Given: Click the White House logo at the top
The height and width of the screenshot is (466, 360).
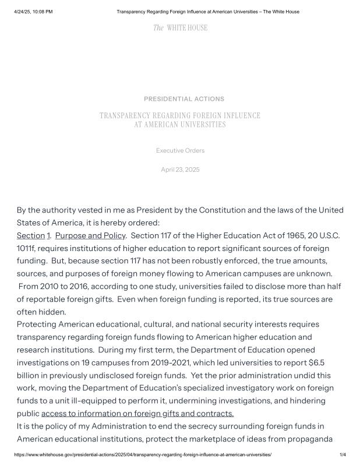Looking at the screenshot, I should point(180,28).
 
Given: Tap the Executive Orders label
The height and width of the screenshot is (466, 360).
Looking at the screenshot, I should point(180,151).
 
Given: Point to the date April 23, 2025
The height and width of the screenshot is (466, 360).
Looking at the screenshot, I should point(180,170).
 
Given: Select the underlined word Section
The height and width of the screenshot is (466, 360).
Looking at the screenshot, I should point(30,235).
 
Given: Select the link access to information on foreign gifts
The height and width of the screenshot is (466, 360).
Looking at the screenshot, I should point(137,414).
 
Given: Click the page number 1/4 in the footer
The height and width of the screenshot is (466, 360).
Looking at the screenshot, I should point(343,454).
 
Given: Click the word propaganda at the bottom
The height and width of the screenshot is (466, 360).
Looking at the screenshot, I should point(320,439).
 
